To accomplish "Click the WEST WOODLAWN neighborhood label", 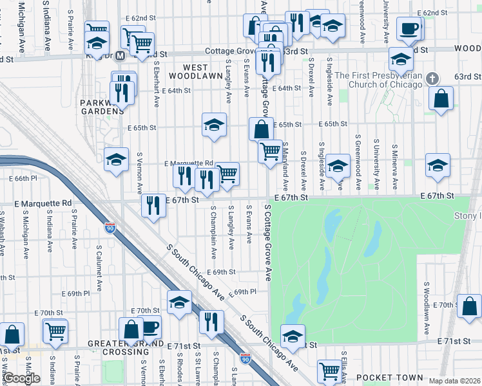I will click(188, 71).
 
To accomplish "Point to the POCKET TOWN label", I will click(390, 378).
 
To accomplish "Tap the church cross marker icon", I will click(432, 78).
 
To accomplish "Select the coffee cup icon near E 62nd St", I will click(409, 28).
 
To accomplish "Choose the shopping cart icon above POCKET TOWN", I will click(329, 371).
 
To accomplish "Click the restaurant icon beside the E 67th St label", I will click(153, 206).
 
